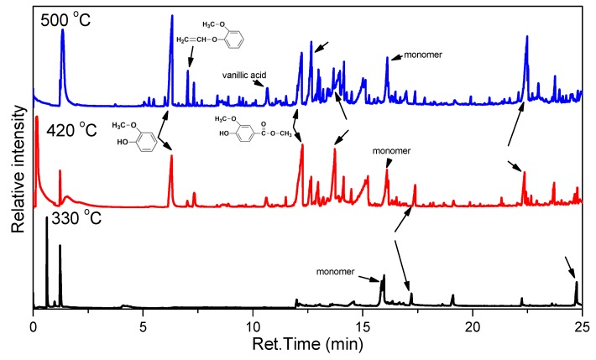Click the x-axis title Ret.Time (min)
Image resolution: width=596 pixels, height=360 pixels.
pos(308,345)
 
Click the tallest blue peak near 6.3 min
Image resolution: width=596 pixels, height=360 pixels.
pos(172,17)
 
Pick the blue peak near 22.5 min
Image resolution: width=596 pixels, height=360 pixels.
pos(526,38)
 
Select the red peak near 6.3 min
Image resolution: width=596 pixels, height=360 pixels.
pos(171,156)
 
